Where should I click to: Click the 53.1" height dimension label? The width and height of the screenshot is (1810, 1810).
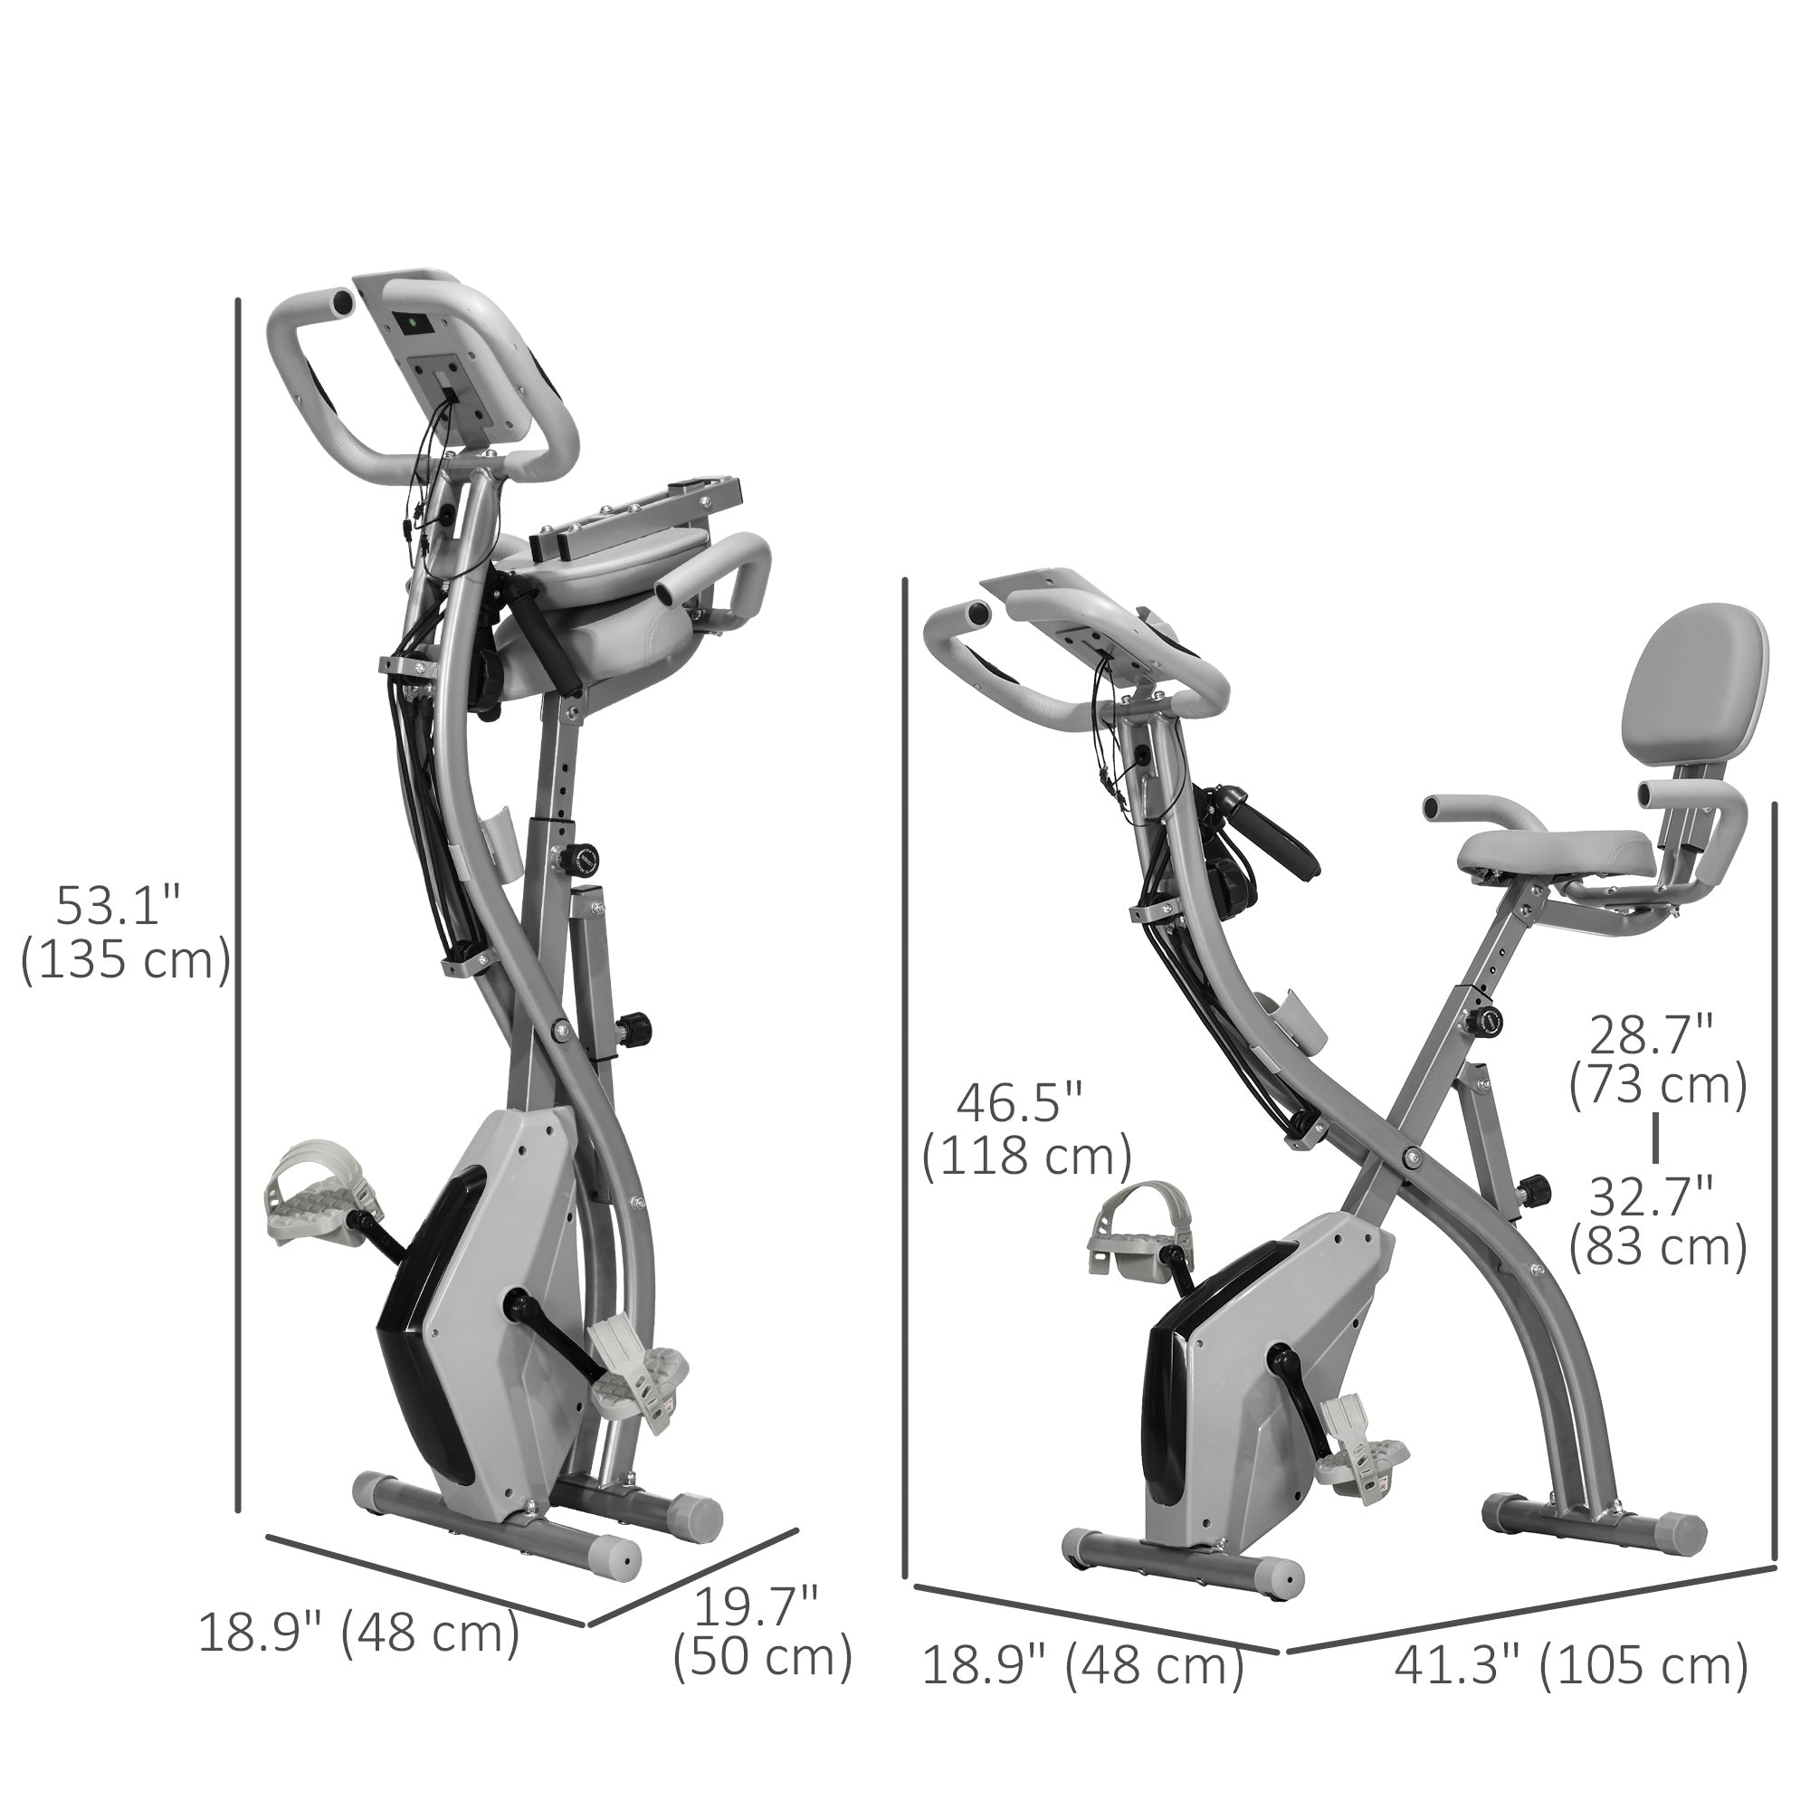tap(117, 904)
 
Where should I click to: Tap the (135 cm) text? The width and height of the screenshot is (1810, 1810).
tap(126, 960)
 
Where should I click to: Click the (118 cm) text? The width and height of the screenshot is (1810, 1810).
tap(1027, 1157)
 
